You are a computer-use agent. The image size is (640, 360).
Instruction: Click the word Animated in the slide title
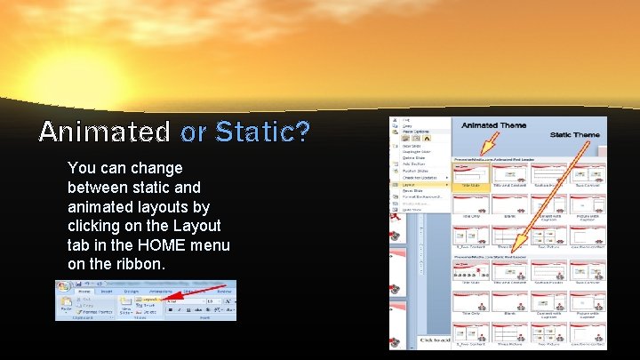104,132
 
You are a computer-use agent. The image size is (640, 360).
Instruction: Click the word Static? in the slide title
263,132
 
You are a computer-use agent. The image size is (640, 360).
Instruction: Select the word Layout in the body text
199,226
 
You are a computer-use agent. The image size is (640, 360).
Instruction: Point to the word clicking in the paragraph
96,226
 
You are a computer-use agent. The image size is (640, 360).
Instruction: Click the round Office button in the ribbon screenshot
64,288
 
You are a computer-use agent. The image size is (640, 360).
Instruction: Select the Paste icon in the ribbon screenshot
67,305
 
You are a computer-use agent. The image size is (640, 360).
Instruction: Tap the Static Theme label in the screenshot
574,135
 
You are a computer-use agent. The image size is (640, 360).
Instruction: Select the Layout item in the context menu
408,184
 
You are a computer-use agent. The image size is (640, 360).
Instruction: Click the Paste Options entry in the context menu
414,132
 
